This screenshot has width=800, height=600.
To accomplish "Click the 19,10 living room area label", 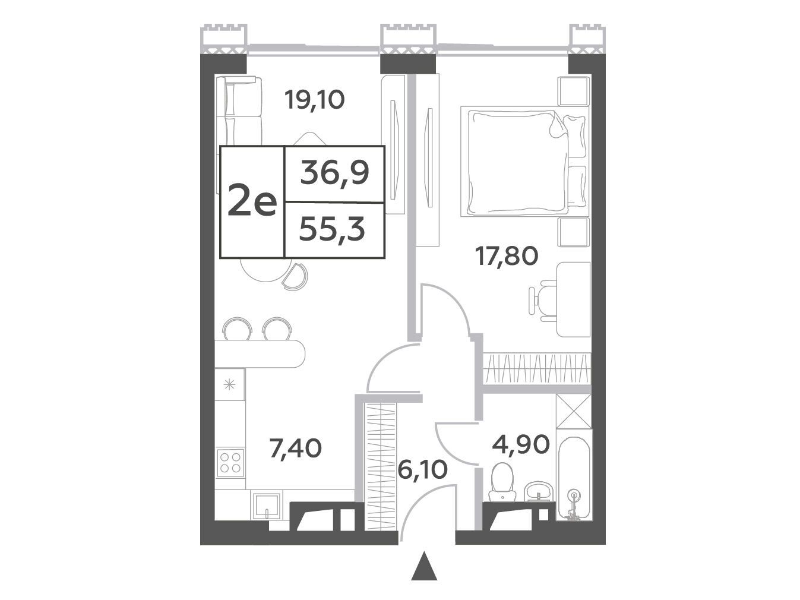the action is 315,100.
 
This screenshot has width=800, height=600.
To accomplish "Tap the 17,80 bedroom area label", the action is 507,256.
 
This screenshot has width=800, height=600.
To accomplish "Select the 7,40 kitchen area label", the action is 295,449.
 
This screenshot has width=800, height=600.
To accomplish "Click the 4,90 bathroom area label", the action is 521,445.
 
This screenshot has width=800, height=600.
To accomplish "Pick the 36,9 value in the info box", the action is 335,173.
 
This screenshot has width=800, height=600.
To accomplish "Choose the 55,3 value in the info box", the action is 332,230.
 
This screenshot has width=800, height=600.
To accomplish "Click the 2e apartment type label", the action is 252,203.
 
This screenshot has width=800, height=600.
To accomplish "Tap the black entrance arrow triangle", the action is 424,570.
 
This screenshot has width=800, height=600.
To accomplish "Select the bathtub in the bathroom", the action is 573,475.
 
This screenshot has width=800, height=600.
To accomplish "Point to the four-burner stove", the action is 230,463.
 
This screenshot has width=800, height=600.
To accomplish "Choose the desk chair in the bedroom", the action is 543,301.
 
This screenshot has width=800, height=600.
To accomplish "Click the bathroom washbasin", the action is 539,492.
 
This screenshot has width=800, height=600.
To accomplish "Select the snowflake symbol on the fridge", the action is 229,384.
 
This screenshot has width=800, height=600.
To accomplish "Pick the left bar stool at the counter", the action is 237,329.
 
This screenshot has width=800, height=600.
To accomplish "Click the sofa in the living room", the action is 239,111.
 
